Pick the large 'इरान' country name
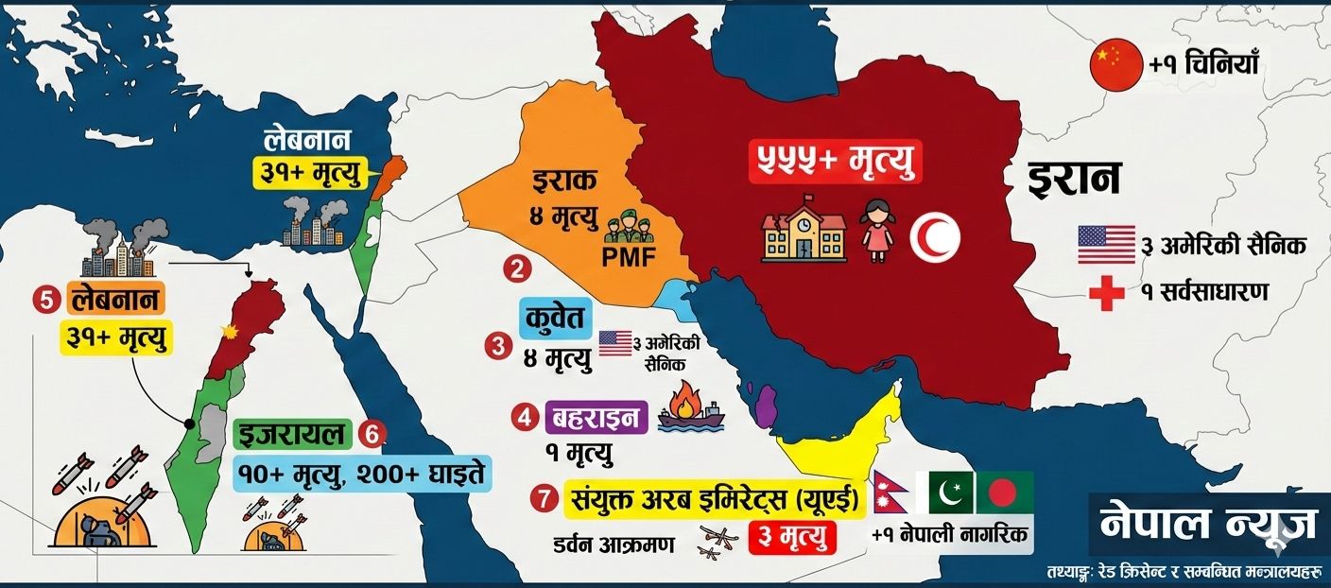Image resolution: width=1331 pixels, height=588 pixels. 1075,179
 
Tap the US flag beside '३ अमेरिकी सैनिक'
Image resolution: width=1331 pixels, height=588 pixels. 1106,245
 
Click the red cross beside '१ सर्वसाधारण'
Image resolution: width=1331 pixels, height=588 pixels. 1106,294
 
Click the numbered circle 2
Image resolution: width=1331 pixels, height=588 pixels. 516,269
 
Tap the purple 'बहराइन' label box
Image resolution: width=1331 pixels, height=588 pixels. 596,416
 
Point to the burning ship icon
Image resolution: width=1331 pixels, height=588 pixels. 691,409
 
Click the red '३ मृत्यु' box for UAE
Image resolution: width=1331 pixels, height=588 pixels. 793,538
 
